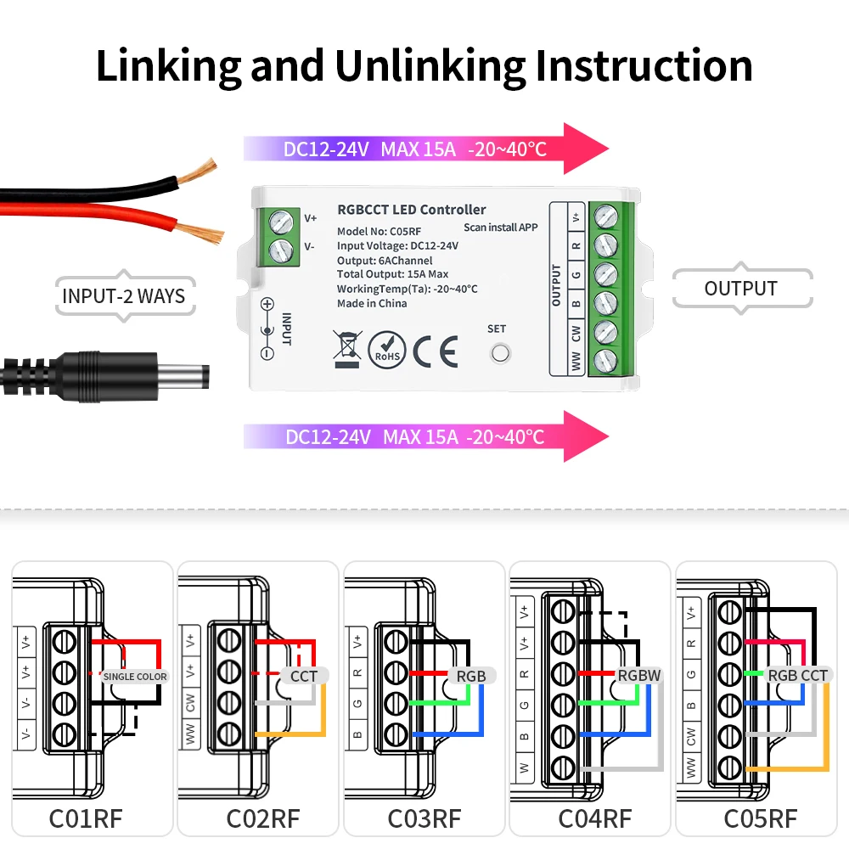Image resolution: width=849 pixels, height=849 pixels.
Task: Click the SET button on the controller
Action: (x=498, y=352)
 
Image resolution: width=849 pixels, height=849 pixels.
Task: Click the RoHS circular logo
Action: (x=387, y=349)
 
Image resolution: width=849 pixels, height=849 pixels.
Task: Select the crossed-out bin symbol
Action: (x=347, y=349)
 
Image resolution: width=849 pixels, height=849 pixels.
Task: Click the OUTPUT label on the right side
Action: (x=740, y=289)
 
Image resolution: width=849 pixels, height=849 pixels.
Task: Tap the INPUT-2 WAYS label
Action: (x=124, y=296)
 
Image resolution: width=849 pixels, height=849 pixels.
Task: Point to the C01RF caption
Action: (x=85, y=818)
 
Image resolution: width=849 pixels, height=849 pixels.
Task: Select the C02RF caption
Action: (x=262, y=818)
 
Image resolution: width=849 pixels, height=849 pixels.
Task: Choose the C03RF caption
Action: (x=424, y=818)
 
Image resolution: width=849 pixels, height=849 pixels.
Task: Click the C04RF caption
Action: (x=594, y=818)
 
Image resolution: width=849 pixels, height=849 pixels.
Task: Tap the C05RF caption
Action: (x=760, y=818)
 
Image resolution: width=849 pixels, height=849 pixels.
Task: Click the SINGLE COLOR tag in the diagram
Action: (x=135, y=677)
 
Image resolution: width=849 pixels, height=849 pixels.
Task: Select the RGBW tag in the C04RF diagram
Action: (x=638, y=676)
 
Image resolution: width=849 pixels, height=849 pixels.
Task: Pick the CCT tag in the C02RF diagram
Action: (x=304, y=677)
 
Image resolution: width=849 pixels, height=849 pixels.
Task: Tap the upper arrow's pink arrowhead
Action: (x=585, y=149)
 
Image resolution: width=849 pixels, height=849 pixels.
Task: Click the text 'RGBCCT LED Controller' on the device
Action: (x=411, y=209)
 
